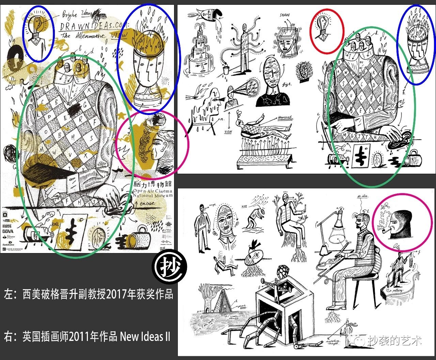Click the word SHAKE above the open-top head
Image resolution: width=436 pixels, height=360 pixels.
tap(285, 15)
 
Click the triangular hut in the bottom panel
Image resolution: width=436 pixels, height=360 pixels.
tap(221, 301)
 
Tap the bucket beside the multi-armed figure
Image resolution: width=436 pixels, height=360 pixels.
tap(225, 70)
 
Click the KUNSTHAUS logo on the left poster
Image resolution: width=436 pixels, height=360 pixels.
tap(7, 225)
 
